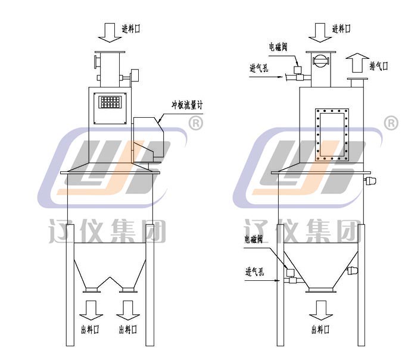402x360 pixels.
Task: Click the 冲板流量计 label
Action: pos(187,105)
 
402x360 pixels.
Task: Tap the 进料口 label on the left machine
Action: pos(131,29)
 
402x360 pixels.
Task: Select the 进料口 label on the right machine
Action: pos(341,29)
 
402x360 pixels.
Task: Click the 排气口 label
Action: pos(378,66)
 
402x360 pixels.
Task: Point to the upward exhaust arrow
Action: pos(357,62)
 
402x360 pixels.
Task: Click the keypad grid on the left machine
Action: pos(110,102)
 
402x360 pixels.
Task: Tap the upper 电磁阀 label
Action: pos(278,47)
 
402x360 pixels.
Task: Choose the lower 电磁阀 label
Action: pos(254,239)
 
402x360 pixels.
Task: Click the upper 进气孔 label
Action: pos(259,68)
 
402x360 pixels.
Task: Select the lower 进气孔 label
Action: pos(254,271)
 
